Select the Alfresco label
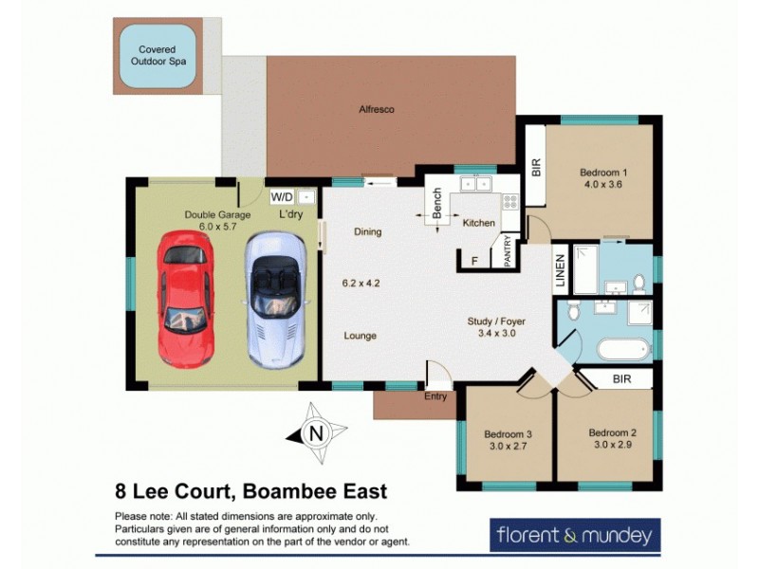(377, 110)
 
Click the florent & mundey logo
(574, 535)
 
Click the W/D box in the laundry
(282, 197)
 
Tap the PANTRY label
(508, 251)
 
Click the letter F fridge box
(473, 260)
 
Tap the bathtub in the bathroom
(623, 347)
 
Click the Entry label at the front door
(435, 396)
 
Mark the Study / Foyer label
(495, 321)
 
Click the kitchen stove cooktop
(509, 201)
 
